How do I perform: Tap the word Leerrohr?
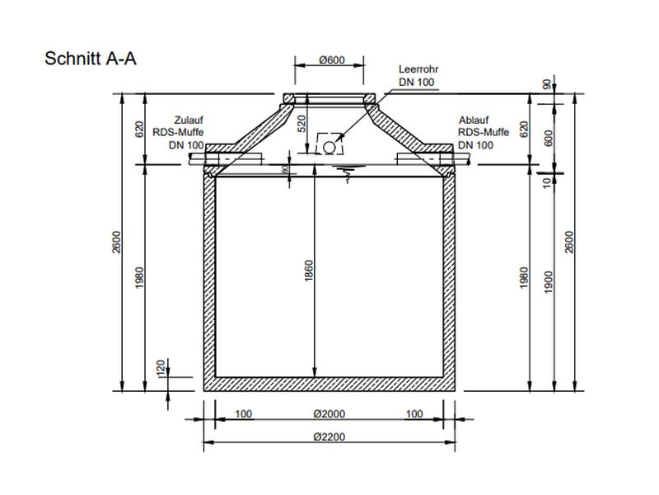pyautogui.click(x=418, y=70)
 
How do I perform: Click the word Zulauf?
pyautogui.click(x=189, y=120)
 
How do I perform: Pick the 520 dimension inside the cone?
pyautogui.click(x=301, y=124)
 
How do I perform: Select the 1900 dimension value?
pyautogui.click(x=549, y=280)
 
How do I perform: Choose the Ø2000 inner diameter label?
pyautogui.click(x=329, y=414)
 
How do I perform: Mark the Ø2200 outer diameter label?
pyautogui.click(x=329, y=435)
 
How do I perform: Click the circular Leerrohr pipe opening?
pyautogui.click(x=330, y=147)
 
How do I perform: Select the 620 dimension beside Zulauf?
pyautogui.click(x=140, y=129)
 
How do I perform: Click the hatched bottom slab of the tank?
pyautogui.click(x=329, y=384)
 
